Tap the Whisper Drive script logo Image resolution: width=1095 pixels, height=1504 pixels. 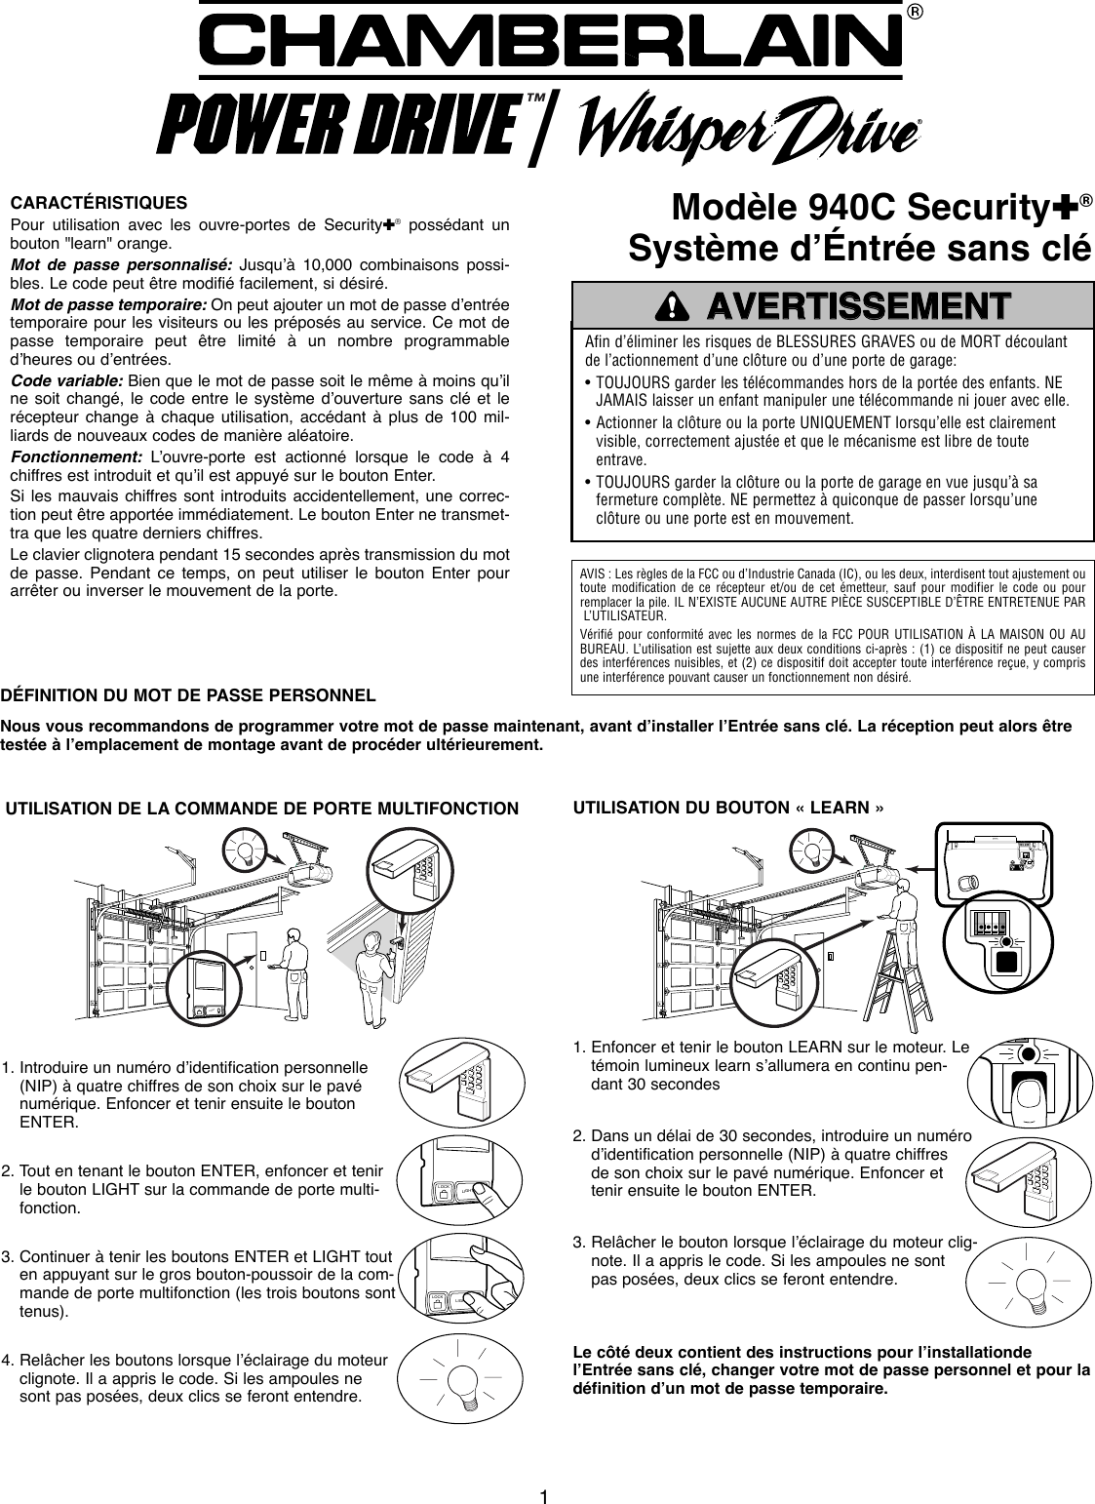(x=751, y=128)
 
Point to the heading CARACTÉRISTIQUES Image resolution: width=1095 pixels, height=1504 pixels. (x=98, y=204)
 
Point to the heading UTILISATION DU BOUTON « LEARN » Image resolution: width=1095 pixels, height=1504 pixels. (x=729, y=808)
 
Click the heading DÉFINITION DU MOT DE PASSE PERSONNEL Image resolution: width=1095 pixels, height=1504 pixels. (x=188, y=697)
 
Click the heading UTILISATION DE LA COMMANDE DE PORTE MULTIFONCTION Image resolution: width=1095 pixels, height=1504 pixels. (x=263, y=808)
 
